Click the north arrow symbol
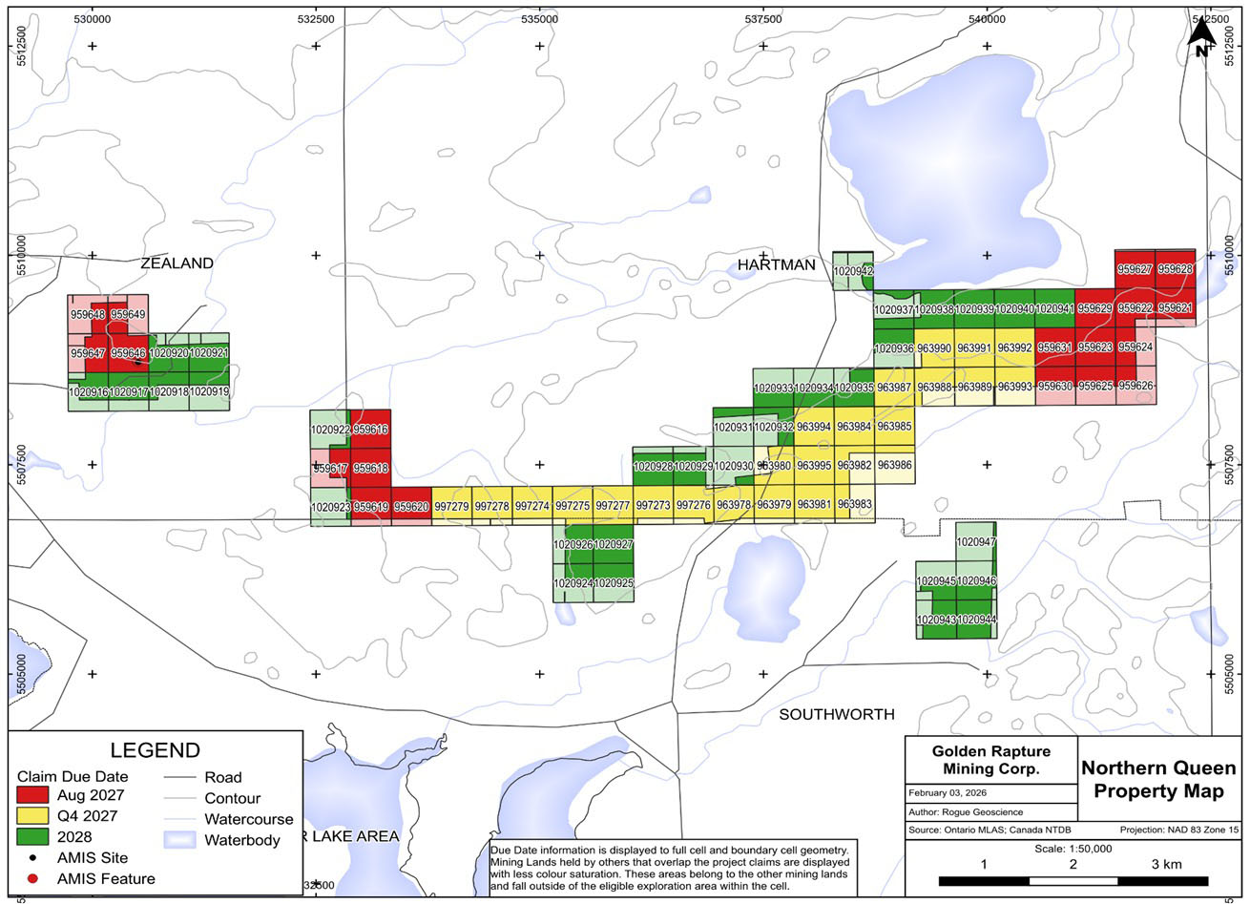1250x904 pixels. [1202, 38]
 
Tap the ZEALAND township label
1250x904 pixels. [177, 263]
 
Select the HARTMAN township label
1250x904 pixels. [777, 264]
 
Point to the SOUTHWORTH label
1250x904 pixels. [837, 714]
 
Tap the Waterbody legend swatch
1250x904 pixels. [178, 840]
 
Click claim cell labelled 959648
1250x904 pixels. [88, 314]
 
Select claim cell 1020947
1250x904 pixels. [975, 542]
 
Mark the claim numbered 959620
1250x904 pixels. [411, 507]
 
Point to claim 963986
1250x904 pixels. [894, 465]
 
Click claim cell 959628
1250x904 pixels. [1175, 269]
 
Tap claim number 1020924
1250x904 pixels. [573, 582]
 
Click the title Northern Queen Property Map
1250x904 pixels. [1158, 780]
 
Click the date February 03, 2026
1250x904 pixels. [948, 793]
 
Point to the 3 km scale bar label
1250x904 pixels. [1166, 864]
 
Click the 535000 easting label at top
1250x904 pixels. [539, 18]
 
